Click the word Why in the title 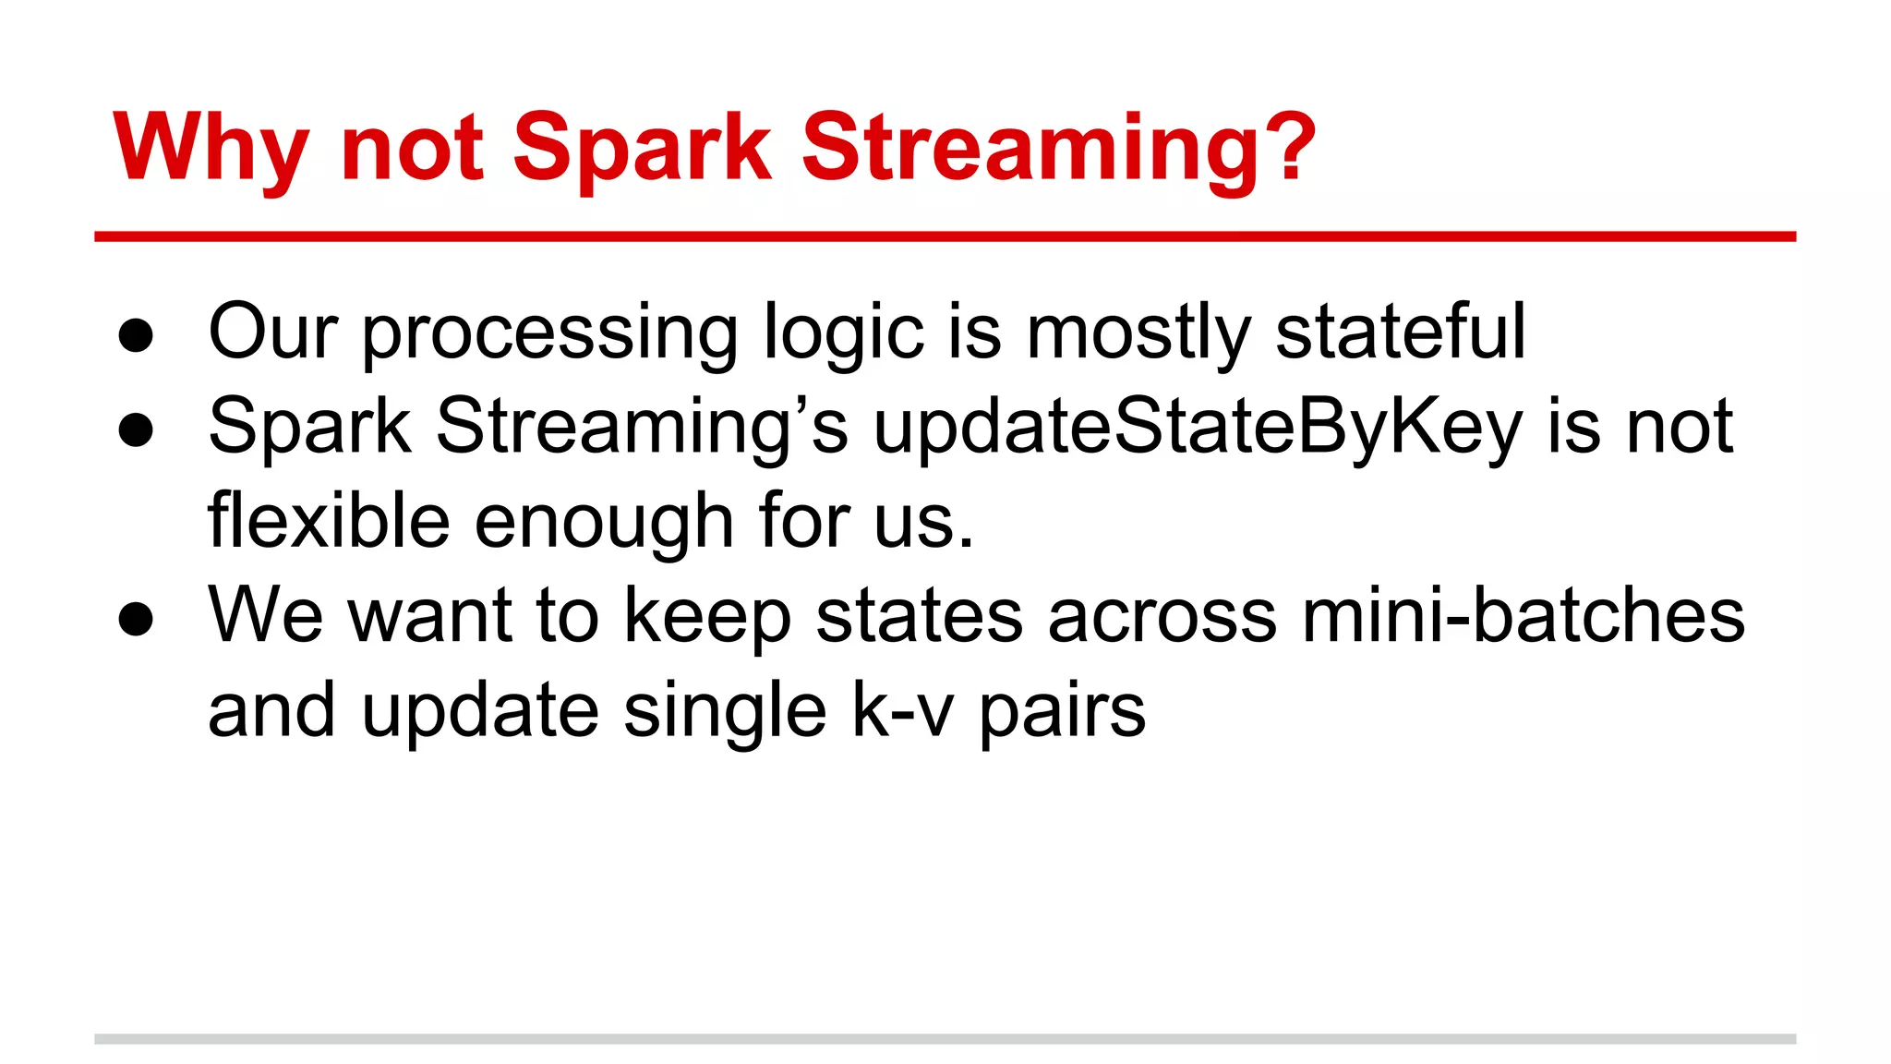(x=211, y=148)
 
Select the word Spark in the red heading (x=642, y=148)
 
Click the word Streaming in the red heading (x=1025, y=148)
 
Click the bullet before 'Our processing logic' (x=136, y=335)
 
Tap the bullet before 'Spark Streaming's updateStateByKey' (x=136, y=429)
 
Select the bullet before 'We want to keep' (x=136, y=619)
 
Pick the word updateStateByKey (x=1197, y=427)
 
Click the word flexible (x=329, y=521)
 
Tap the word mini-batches (x=1523, y=615)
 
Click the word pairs (x=1062, y=712)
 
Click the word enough (x=604, y=521)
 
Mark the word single (x=725, y=712)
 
